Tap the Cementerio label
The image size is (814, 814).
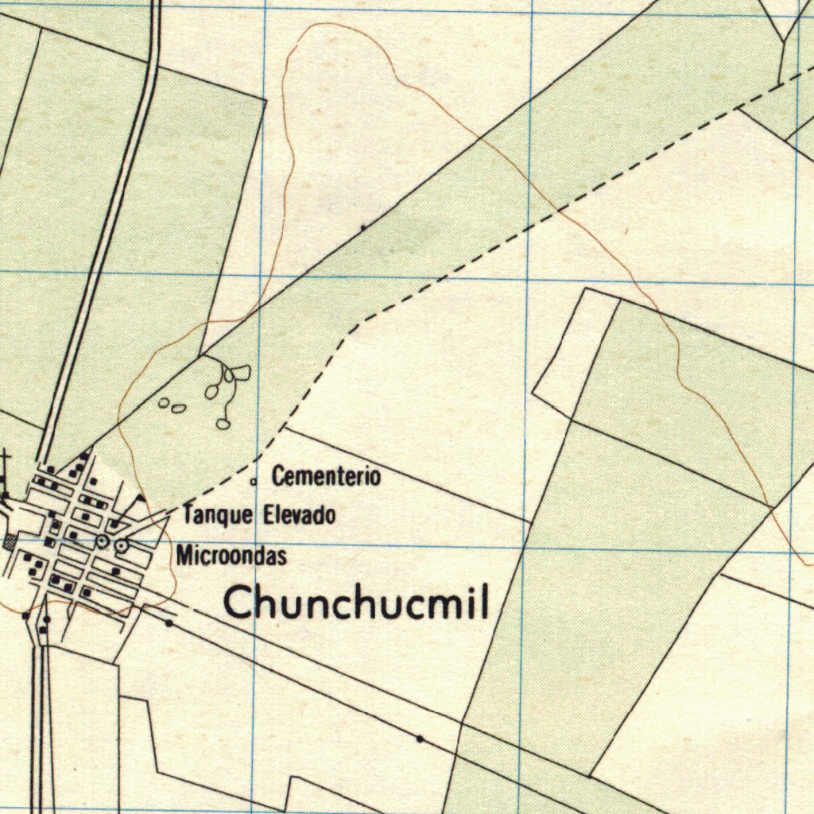click(x=326, y=477)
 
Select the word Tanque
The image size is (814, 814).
click(x=218, y=515)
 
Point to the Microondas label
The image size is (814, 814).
click(x=231, y=555)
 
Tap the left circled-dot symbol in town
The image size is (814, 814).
click(x=102, y=541)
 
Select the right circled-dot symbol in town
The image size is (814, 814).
click(x=122, y=545)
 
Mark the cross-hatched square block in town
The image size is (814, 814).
click(x=10, y=542)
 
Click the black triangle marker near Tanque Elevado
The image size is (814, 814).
click(x=140, y=499)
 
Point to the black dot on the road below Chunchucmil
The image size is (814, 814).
click(x=420, y=739)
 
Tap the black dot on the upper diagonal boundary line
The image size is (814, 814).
click(x=363, y=227)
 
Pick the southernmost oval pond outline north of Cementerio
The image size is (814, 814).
click(x=223, y=424)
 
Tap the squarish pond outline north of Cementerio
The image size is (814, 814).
click(x=241, y=372)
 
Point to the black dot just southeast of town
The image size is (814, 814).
click(x=169, y=624)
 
